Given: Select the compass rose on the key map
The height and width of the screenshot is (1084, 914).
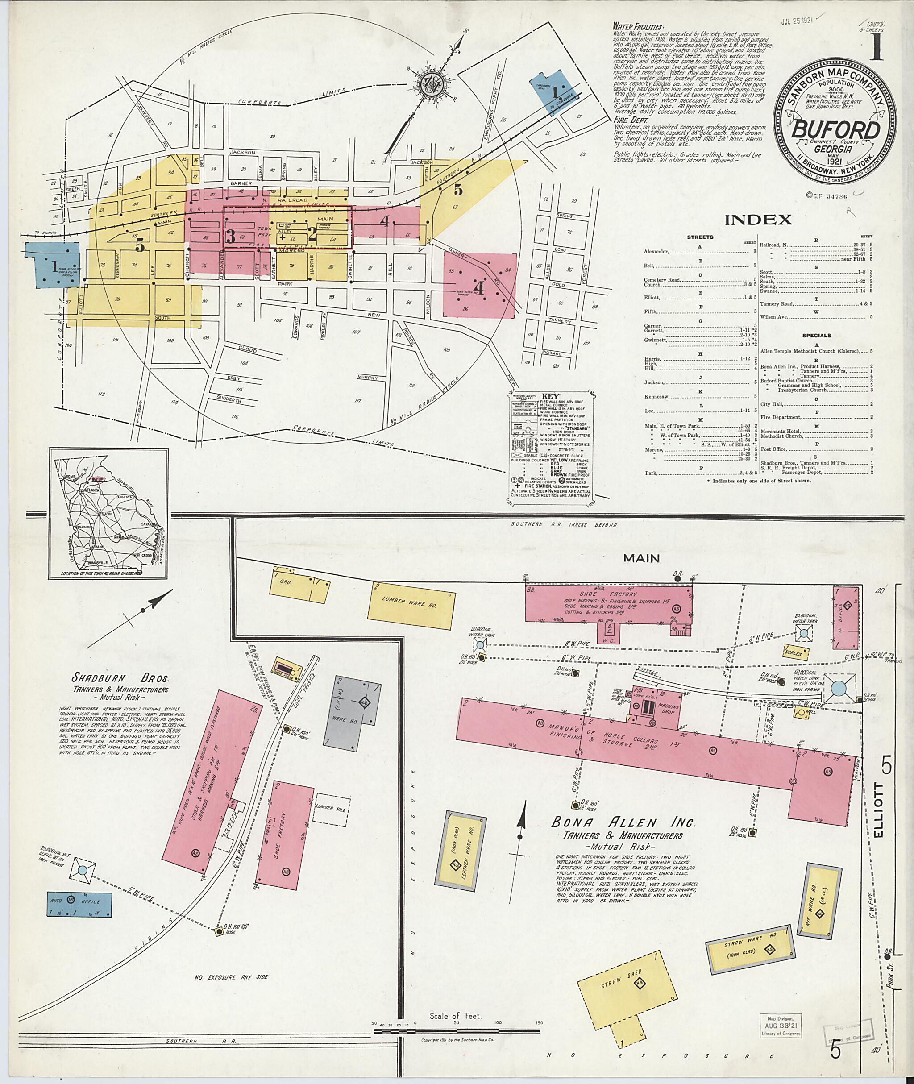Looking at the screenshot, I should click(430, 86).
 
